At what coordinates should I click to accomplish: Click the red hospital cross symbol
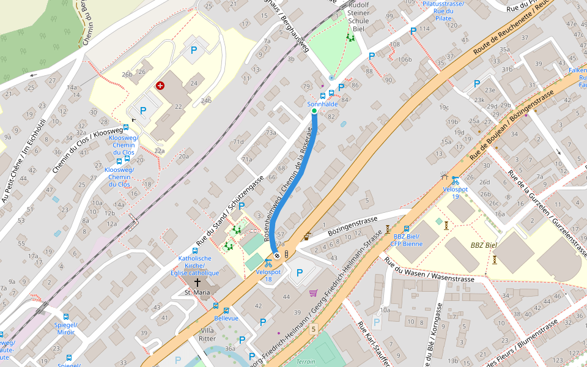pyautogui.click(x=160, y=86)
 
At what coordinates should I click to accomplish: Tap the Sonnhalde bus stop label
pyautogui.click(x=322, y=105)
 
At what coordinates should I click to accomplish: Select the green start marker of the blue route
pyautogui.click(x=314, y=111)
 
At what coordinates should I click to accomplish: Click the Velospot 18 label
pyautogui.click(x=268, y=275)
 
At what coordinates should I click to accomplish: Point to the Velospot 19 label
pyautogui.click(x=455, y=193)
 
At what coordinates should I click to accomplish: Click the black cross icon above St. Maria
pyautogui.click(x=198, y=283)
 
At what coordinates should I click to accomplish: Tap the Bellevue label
pyautogui.click(x=226, y=319)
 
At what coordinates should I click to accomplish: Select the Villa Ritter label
pyautogui.click(x=208, y=335)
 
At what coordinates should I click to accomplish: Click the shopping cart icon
pyautogui.click(x=314, y=293)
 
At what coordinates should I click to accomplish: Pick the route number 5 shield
pyautogui.click(x=314, y=329)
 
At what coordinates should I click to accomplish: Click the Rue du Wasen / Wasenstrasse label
pyautogui.click(x=429, y=270)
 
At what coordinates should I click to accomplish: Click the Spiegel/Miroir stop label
pyautogui.click(x=65, y=328)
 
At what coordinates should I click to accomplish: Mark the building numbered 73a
pyautogui.click(x=270, y=133)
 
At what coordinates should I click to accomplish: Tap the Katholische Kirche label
pyautogui.click(x=195, y=265)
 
